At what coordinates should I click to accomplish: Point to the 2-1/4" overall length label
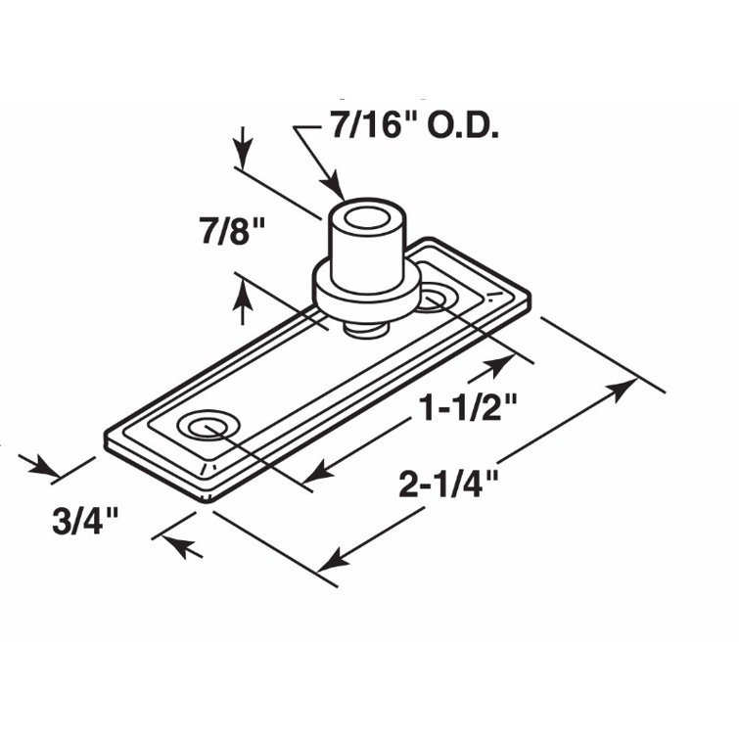click(450, 483)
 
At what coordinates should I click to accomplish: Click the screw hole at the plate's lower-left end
click(208, 427)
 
